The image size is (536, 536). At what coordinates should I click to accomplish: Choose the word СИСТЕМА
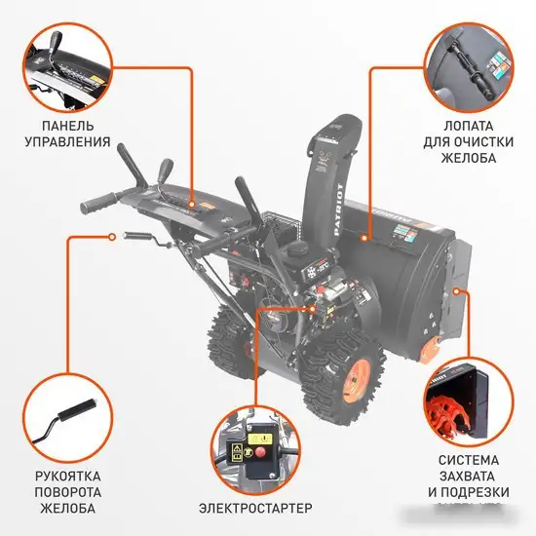pyautogui.click(x=468, y=459)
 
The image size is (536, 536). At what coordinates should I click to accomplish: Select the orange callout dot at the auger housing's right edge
pyautogui.click(x=459, y=290)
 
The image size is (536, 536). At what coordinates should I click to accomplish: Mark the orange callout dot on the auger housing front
pyautogui.click(x=363, y=237)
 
